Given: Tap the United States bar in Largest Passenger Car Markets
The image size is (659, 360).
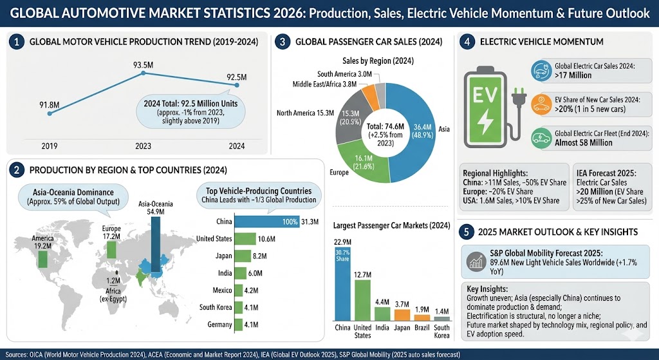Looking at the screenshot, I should click(x=363, y=299).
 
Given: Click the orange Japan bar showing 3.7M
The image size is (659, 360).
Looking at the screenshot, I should click(x=402, y=314).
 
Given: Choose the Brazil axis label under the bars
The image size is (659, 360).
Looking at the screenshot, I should click(x=422, y=327).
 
